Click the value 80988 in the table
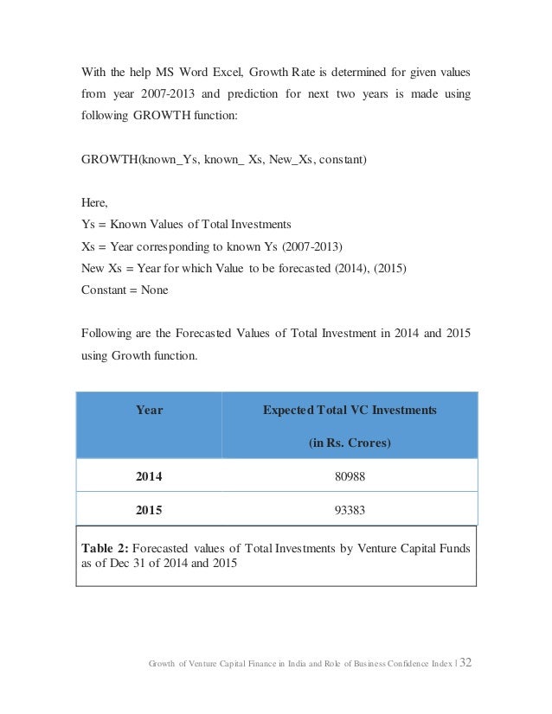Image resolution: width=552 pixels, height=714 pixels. point(349,475)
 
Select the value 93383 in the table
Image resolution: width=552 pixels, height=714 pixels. point(349,509)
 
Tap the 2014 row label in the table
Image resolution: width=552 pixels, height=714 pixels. point(149,475)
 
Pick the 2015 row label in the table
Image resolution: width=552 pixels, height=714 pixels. point(149,509)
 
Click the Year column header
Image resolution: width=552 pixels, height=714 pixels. point(149,411)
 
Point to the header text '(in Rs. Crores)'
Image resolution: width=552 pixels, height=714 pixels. point(350,443)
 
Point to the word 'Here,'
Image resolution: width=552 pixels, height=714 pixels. point(93,203)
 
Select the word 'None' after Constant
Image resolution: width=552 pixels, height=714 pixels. point(153,290)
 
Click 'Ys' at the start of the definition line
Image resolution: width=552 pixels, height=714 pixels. point(87,225)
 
